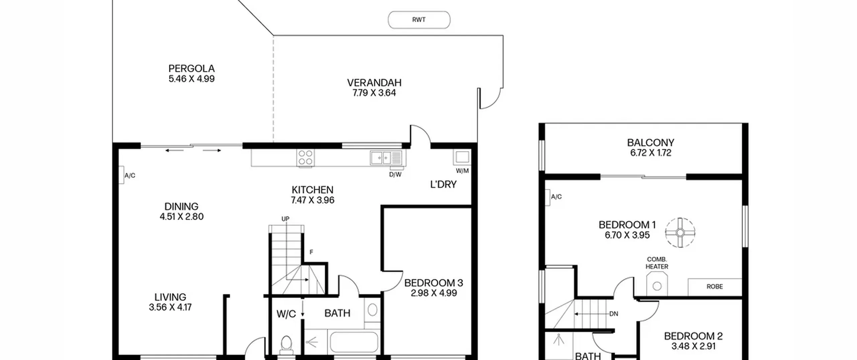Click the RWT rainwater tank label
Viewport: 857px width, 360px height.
coord(419,20)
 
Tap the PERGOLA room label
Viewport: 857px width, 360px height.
coord(191,69)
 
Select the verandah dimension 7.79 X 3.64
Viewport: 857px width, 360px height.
coord(374,93)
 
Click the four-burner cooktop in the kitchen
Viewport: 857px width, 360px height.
coord(305,158)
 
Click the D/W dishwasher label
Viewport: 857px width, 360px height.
coord(395,174)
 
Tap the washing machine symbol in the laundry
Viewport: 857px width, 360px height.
coord(462,157)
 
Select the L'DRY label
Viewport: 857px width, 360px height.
coord(443,185)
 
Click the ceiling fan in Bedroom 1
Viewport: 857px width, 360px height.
coord(680,233)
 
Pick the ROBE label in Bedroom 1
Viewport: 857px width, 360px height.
coord(715,287)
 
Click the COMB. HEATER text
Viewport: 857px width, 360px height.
coord(657,263)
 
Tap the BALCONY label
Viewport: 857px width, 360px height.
coord(651,143)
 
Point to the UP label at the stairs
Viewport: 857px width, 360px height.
coord(285,219)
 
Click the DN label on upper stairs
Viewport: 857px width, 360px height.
coord(614,314)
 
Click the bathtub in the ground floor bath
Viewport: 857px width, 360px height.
coord(354,342)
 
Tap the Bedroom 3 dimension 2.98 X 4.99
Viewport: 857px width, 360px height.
coord(434,293)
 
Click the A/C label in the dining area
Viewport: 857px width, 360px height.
coord(130,175)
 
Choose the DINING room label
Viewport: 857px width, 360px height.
coord(181,206)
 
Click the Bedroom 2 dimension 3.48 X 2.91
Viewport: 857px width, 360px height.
coord(694,346)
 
